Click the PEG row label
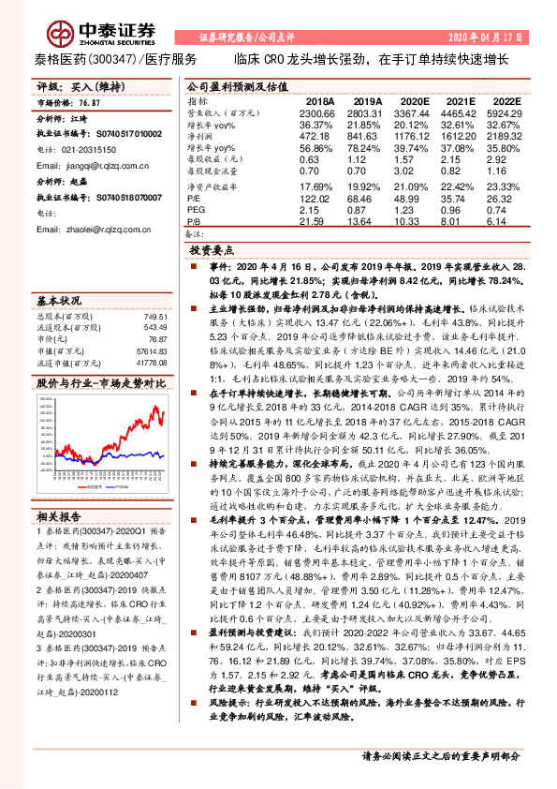pos(196,210)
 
